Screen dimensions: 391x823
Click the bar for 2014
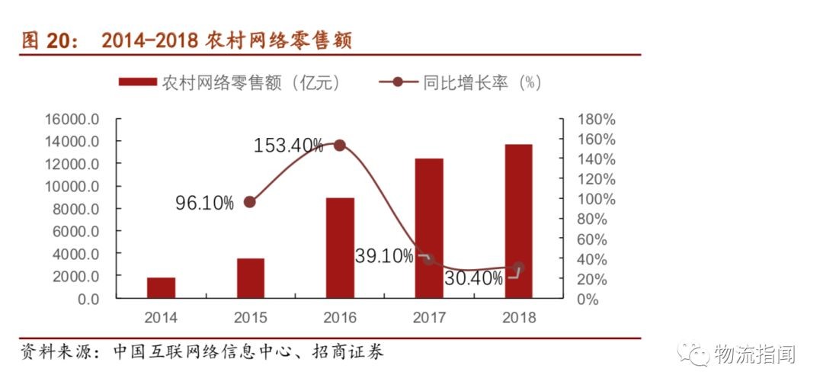161,288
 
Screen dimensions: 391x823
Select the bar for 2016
340,248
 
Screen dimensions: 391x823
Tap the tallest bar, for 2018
518,221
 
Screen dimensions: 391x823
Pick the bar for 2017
429,229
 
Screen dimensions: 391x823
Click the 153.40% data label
288,146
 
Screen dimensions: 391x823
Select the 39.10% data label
384,257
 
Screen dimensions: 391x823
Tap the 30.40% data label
473,279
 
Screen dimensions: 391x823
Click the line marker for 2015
250,202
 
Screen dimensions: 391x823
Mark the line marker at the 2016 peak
340,146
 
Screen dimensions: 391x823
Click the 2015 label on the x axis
250,318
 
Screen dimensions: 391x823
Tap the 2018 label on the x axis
518,318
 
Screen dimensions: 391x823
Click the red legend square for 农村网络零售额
139,82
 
